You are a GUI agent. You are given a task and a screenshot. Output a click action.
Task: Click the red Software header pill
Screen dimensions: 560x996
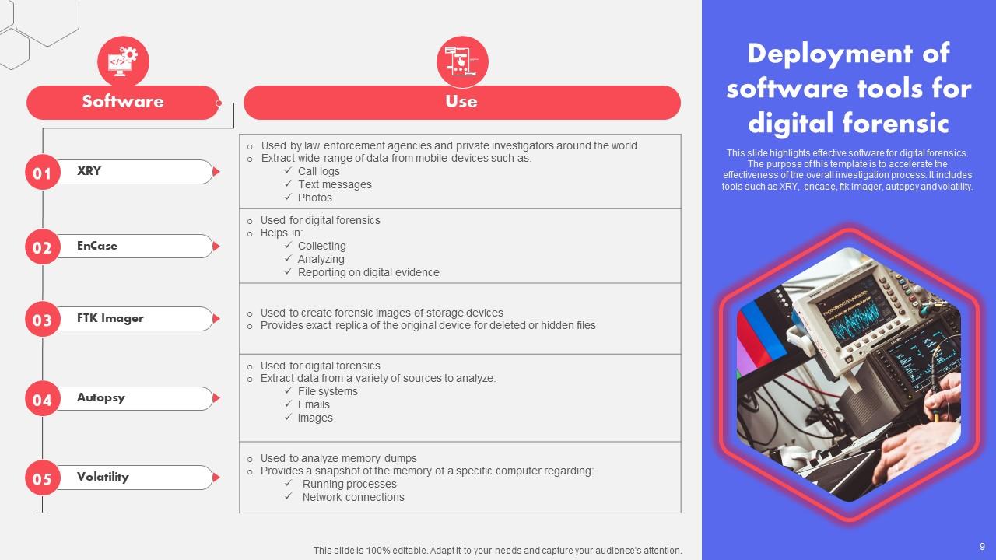coord(123,102)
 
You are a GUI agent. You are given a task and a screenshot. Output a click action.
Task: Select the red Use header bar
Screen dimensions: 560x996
coord(461,102)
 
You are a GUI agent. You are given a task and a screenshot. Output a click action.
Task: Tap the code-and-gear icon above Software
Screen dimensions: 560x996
coord(123,61)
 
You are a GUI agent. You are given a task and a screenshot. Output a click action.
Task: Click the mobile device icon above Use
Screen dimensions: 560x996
coord(462,61)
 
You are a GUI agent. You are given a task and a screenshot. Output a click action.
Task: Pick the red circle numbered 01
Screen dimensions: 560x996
coord(43,173)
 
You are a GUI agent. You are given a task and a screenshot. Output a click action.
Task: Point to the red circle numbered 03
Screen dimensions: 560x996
coord(43,320)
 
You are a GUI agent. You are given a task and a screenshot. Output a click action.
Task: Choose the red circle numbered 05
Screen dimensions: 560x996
coord(43,478)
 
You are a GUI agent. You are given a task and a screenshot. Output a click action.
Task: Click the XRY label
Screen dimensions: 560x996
coord(89,171)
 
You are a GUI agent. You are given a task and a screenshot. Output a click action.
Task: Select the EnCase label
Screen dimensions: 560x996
coord(97,246)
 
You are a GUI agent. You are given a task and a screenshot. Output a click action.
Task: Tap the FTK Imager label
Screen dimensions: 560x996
coord(110,318)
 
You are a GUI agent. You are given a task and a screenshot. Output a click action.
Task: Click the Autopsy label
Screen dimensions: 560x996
coord(101,397)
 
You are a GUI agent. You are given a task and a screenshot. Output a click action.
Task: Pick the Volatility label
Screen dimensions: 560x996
coord(103,477)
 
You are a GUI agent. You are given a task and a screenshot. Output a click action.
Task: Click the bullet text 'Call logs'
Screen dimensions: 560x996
coord(319,171)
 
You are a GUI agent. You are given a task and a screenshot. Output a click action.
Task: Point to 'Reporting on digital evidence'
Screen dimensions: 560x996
coord(368,272)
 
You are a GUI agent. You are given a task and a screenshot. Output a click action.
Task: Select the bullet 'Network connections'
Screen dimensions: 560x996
coord(353,497)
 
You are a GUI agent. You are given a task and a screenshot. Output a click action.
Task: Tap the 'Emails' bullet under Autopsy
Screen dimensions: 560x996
coord(314,404)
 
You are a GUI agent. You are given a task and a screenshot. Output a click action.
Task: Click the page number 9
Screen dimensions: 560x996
coord(982,547)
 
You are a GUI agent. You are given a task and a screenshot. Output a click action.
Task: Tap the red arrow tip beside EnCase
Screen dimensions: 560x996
coord(216,247)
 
